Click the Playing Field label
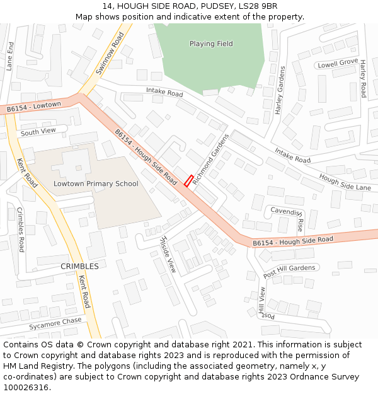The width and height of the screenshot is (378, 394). (x=211, y=43)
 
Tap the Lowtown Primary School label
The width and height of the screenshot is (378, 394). (x=96, y=184)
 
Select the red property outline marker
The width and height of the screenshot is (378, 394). (x=188, y=181)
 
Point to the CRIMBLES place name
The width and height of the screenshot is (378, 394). (x=79, y=266)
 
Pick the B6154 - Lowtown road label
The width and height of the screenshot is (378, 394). (x=34, y=107)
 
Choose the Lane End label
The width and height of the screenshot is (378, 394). (x=10, y=56)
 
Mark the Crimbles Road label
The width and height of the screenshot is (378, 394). (x=21, y=229)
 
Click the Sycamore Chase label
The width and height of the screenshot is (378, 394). (x=55, y=323)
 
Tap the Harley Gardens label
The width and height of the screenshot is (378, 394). (x=280, y=90)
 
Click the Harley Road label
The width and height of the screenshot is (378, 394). (x=363, y=79)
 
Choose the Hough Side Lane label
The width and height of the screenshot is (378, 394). (x=345, y=183)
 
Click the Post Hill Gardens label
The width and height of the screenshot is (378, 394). (x=289, y=271)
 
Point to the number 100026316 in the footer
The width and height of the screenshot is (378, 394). (x=25, y=387)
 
